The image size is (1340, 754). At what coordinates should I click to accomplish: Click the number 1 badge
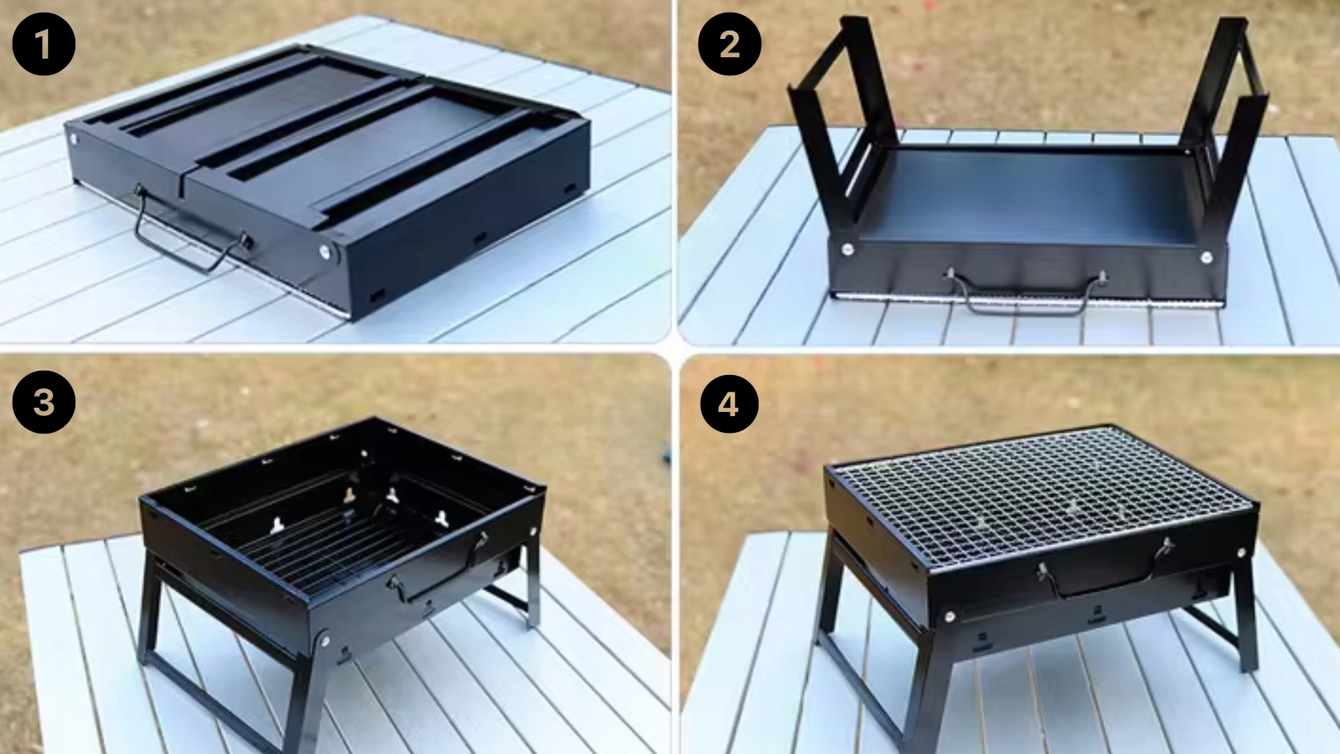43,44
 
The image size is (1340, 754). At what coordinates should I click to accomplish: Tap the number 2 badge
729,44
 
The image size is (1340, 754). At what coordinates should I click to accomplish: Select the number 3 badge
43,402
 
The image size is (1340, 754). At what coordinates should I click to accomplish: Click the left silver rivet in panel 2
848,249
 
